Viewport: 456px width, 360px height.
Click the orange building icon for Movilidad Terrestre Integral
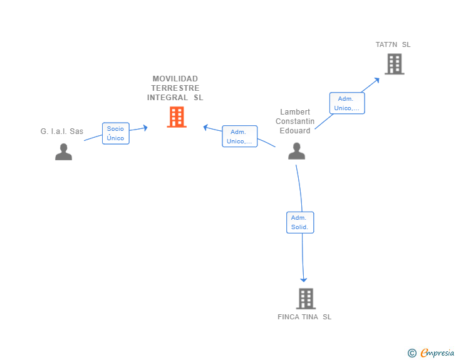pyautogui.click(x=177, y=117)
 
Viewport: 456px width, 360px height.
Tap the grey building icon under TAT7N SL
pyautogui.click(x=394, y=64)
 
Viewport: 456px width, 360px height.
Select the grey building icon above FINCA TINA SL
pyautogui.click(x=305, y=299)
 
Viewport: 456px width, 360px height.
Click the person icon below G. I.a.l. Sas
pyautogui.click(x=63, y=152)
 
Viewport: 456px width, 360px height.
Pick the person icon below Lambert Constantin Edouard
pyautogui.click(x=296, y=152)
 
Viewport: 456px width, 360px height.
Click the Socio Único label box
pyautogui.click(x=115, y=133)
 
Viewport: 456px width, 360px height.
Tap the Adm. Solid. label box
pyautogui.click(x=300, y=222)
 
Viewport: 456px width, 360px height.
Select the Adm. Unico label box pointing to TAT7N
pyautogui.click(x=346, y=103)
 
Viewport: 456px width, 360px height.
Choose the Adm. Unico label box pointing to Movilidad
pyautogui.click(x=239, y=136)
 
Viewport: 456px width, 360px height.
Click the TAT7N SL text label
pyautogui.click(x=393, y=44)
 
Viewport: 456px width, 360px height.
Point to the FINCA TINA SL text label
pyautogui.click(x=304, y=317)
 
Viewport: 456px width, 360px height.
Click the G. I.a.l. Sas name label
pyautogui.click(x=62, y=131)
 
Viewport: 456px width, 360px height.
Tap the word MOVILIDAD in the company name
pyautogui.click(x=175, y=79)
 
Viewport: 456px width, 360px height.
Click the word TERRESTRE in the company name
pyautogui.click(x=175, y=88)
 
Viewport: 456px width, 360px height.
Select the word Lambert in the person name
pyautogui.click(x=295, y=112)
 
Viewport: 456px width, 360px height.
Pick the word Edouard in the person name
pyautogui.click(x=295, y=131)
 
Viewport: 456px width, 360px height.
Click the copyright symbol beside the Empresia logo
pyautogui.click(x=412, y=353)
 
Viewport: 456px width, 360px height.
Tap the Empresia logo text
pyautogui.click(x=437, y=353)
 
